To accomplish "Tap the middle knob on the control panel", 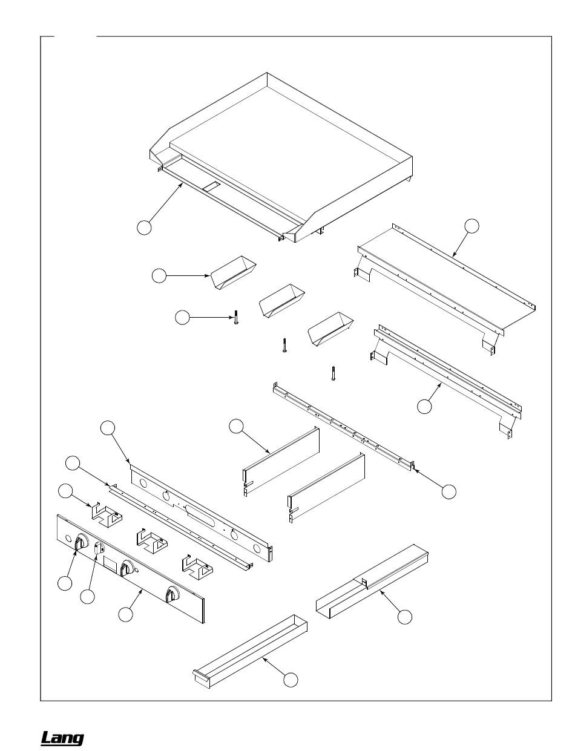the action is [x=127, y=568].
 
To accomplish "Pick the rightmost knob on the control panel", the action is [x=172, y=594].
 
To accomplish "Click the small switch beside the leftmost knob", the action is [x=98, y=548].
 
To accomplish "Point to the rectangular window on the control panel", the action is [x=111, y=563].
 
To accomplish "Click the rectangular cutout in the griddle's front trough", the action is [x=211, y=186].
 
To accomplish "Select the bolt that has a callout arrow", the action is [x=236, y=318].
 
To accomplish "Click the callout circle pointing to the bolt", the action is [x=182, y=317].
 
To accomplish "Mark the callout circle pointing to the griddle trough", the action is [x=144, y=228].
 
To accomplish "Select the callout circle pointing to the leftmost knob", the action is [x=65, y=583].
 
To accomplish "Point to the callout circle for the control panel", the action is [x=125, y=614].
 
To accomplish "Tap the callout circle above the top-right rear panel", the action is [x=471, y=225].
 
